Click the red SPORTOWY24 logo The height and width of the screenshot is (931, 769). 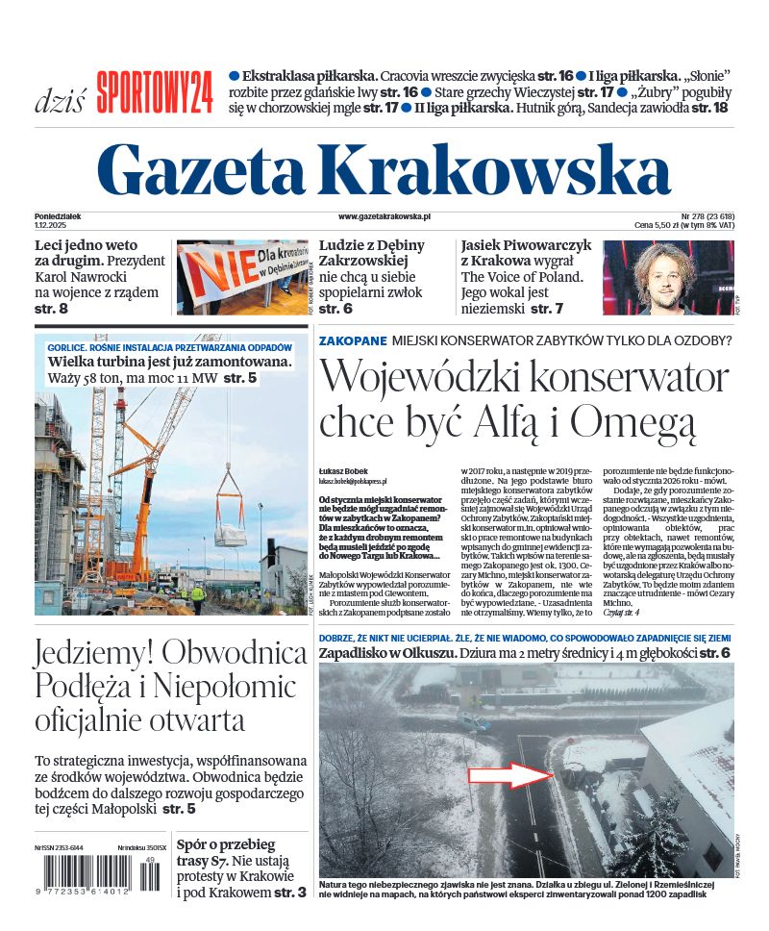[154, 92]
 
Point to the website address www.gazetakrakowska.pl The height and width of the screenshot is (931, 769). [384, 218]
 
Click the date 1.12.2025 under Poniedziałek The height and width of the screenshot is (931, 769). [49, 225]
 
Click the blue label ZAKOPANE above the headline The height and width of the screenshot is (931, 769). [353, 340]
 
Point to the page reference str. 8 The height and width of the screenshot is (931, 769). [51, 309]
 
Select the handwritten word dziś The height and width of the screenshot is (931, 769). [60, 99]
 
